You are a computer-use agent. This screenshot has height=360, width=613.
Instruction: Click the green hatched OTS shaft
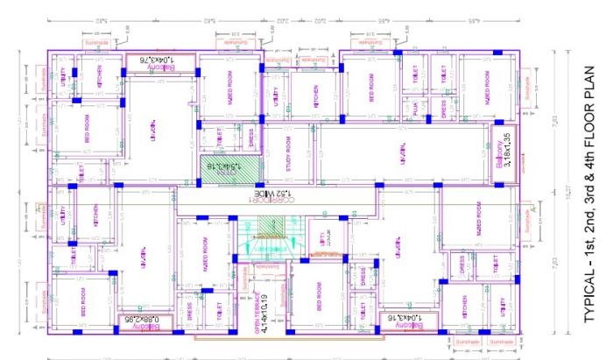point(222,164)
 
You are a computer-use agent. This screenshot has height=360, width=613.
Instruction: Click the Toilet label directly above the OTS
point(218,136)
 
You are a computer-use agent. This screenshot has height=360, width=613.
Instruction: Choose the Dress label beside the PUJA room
point(444,109)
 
